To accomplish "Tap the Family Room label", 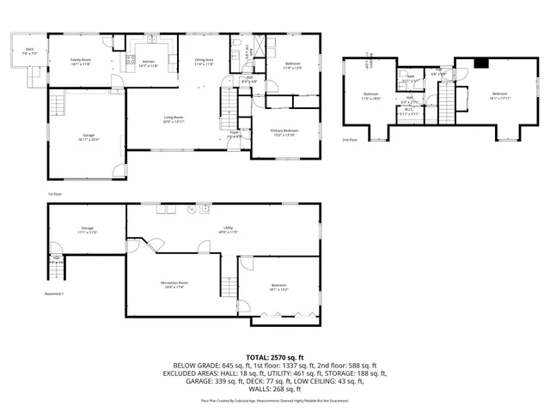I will click(x=81, y=61).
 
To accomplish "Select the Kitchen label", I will click(x=148, y=63).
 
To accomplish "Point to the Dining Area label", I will click(x=204, y=61).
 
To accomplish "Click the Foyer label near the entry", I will click(x=234, y=134).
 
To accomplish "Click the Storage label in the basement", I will click(x=88, y=228).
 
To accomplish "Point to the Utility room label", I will click(x=229, y=228).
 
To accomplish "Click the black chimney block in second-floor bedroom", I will click(x=482, y=63).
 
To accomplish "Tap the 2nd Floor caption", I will click(x=350, y=139).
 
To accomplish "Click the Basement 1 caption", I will click(x=54, y=294).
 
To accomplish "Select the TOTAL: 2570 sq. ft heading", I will click(x=275, y=355).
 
